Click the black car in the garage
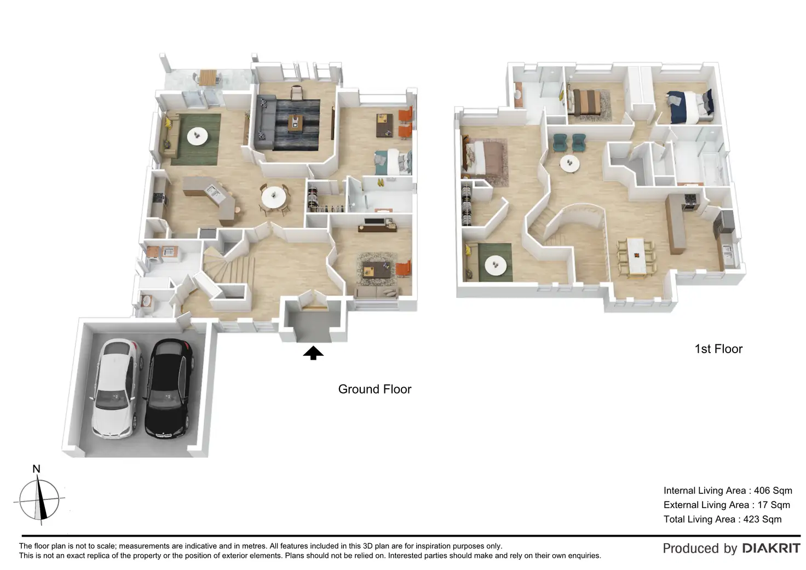[168, 389]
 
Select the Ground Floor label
[375, 389]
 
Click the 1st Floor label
[718, 349]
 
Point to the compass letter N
[37, 469]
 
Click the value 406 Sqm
[773, 491]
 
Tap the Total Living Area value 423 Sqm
[762, 519]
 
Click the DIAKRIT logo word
[771, 548]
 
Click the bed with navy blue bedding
[691, 106]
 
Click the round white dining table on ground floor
[273, 198]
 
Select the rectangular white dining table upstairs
[636, 255]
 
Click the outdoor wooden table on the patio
[207, 77]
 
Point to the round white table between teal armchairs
[570, 163]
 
